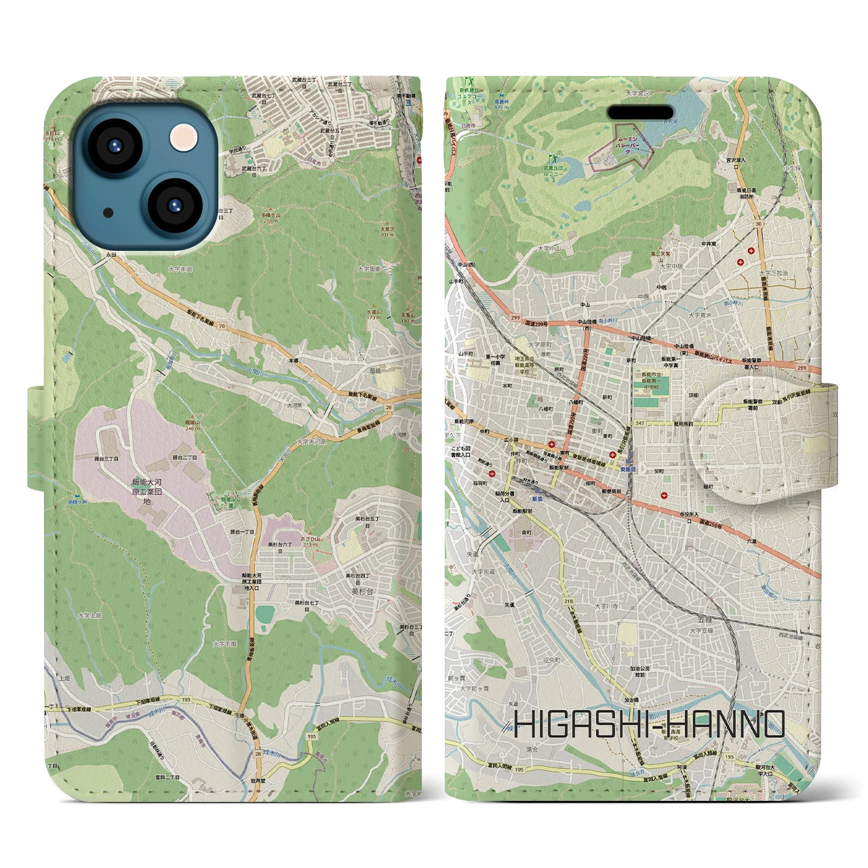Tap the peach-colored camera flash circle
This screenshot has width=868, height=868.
[x=182, y=138]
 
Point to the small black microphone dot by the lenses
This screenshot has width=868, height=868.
[x=108, y=212]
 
